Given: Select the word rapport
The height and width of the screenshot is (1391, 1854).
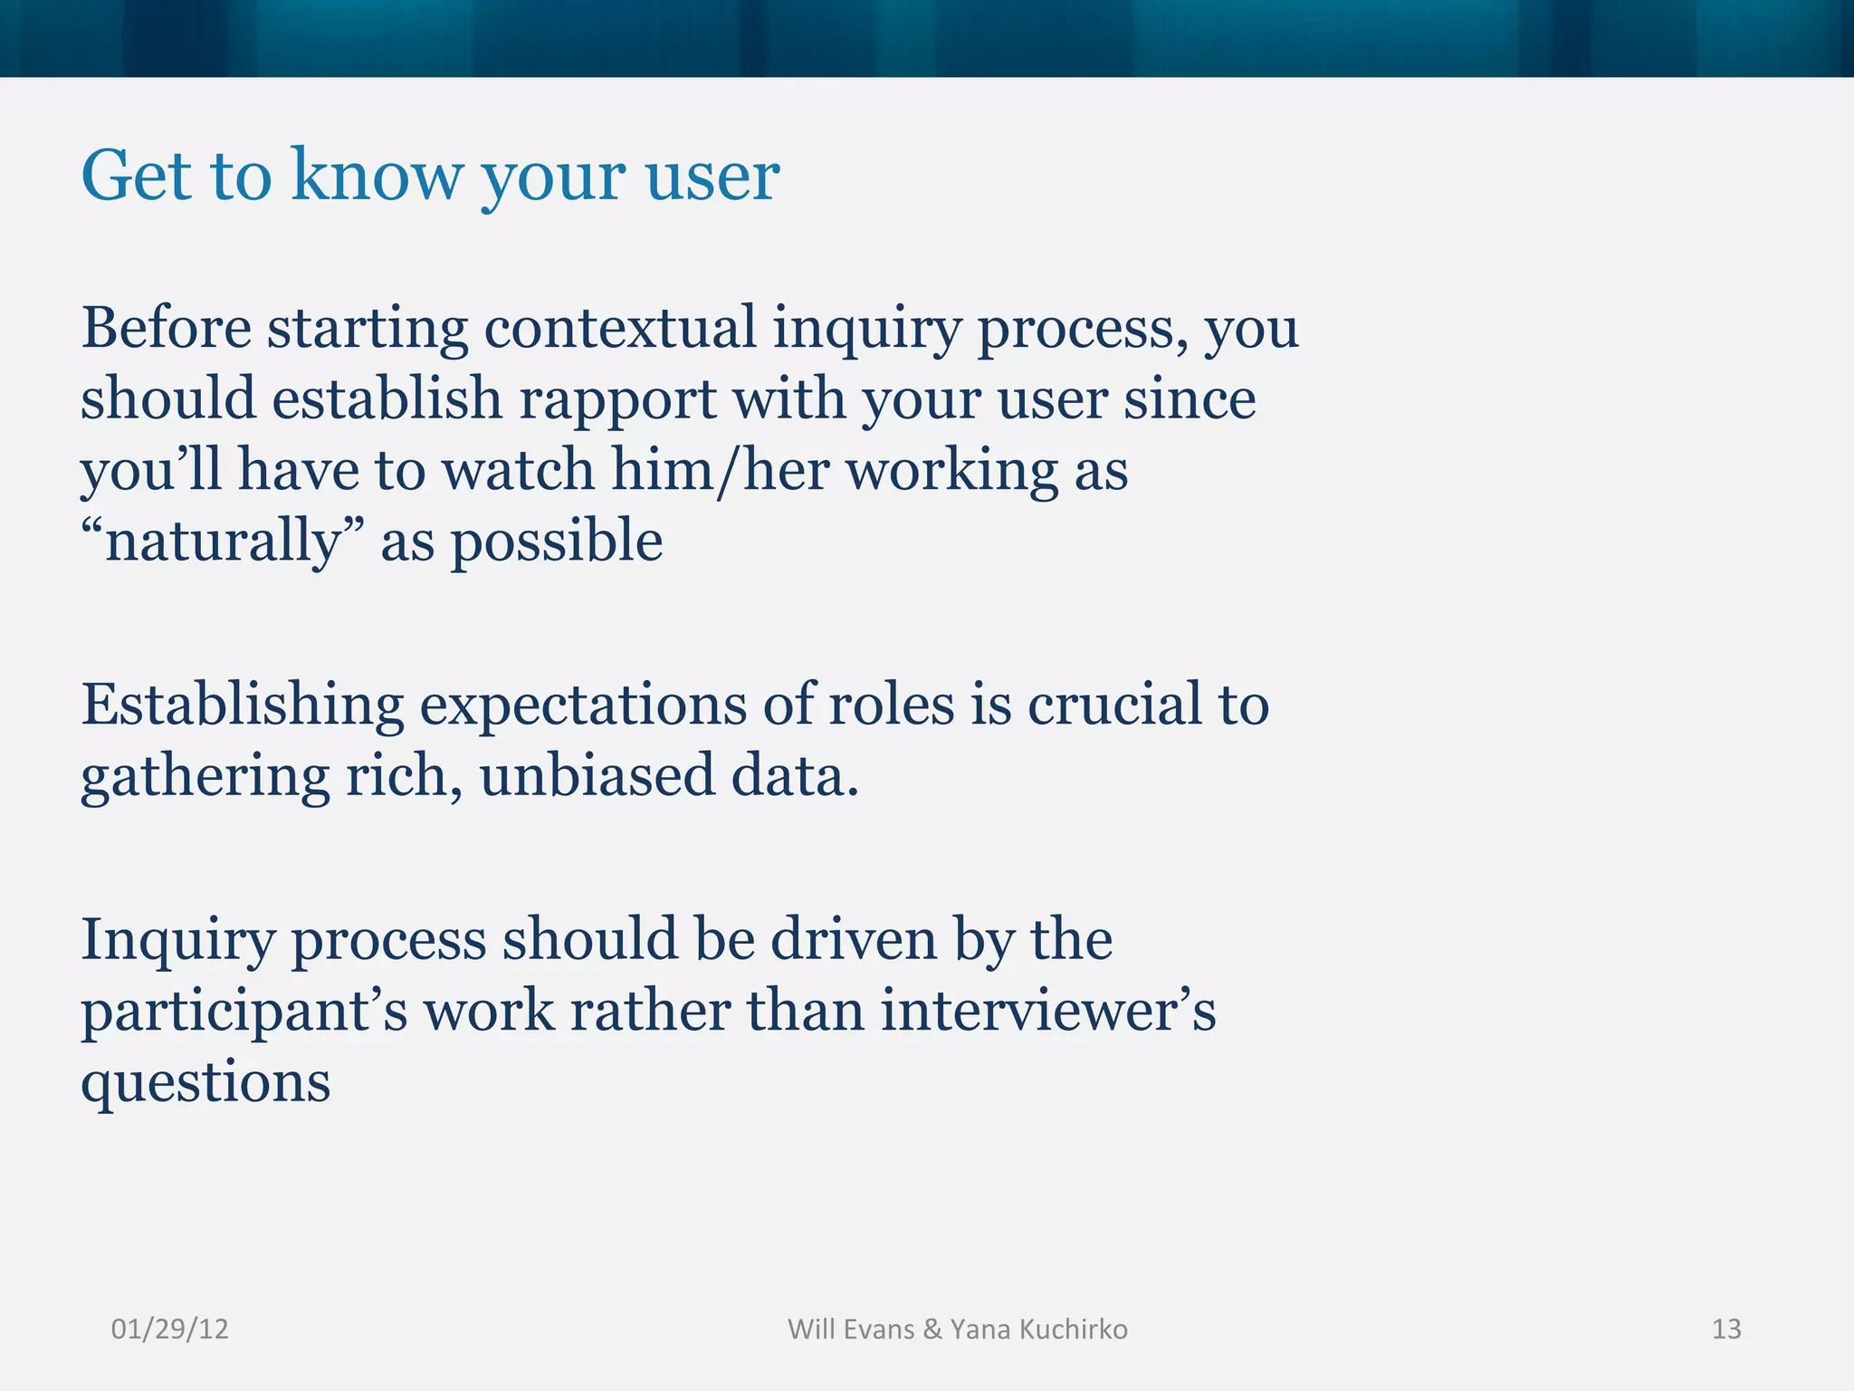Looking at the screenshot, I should (617, 399).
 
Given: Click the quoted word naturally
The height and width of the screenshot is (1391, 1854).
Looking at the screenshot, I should (223, 542).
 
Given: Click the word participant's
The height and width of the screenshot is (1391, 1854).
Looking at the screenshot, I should (244, 1012).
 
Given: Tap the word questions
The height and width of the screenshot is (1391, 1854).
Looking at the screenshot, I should (206, 1082).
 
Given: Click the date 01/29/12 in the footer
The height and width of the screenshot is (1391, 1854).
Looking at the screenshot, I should (169, 1329).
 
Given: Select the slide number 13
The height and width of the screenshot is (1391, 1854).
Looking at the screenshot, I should (1726, 1329).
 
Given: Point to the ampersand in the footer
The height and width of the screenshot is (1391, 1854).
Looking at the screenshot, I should (932, 1329).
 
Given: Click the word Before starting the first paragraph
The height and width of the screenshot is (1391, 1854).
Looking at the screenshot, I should (167, 328).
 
